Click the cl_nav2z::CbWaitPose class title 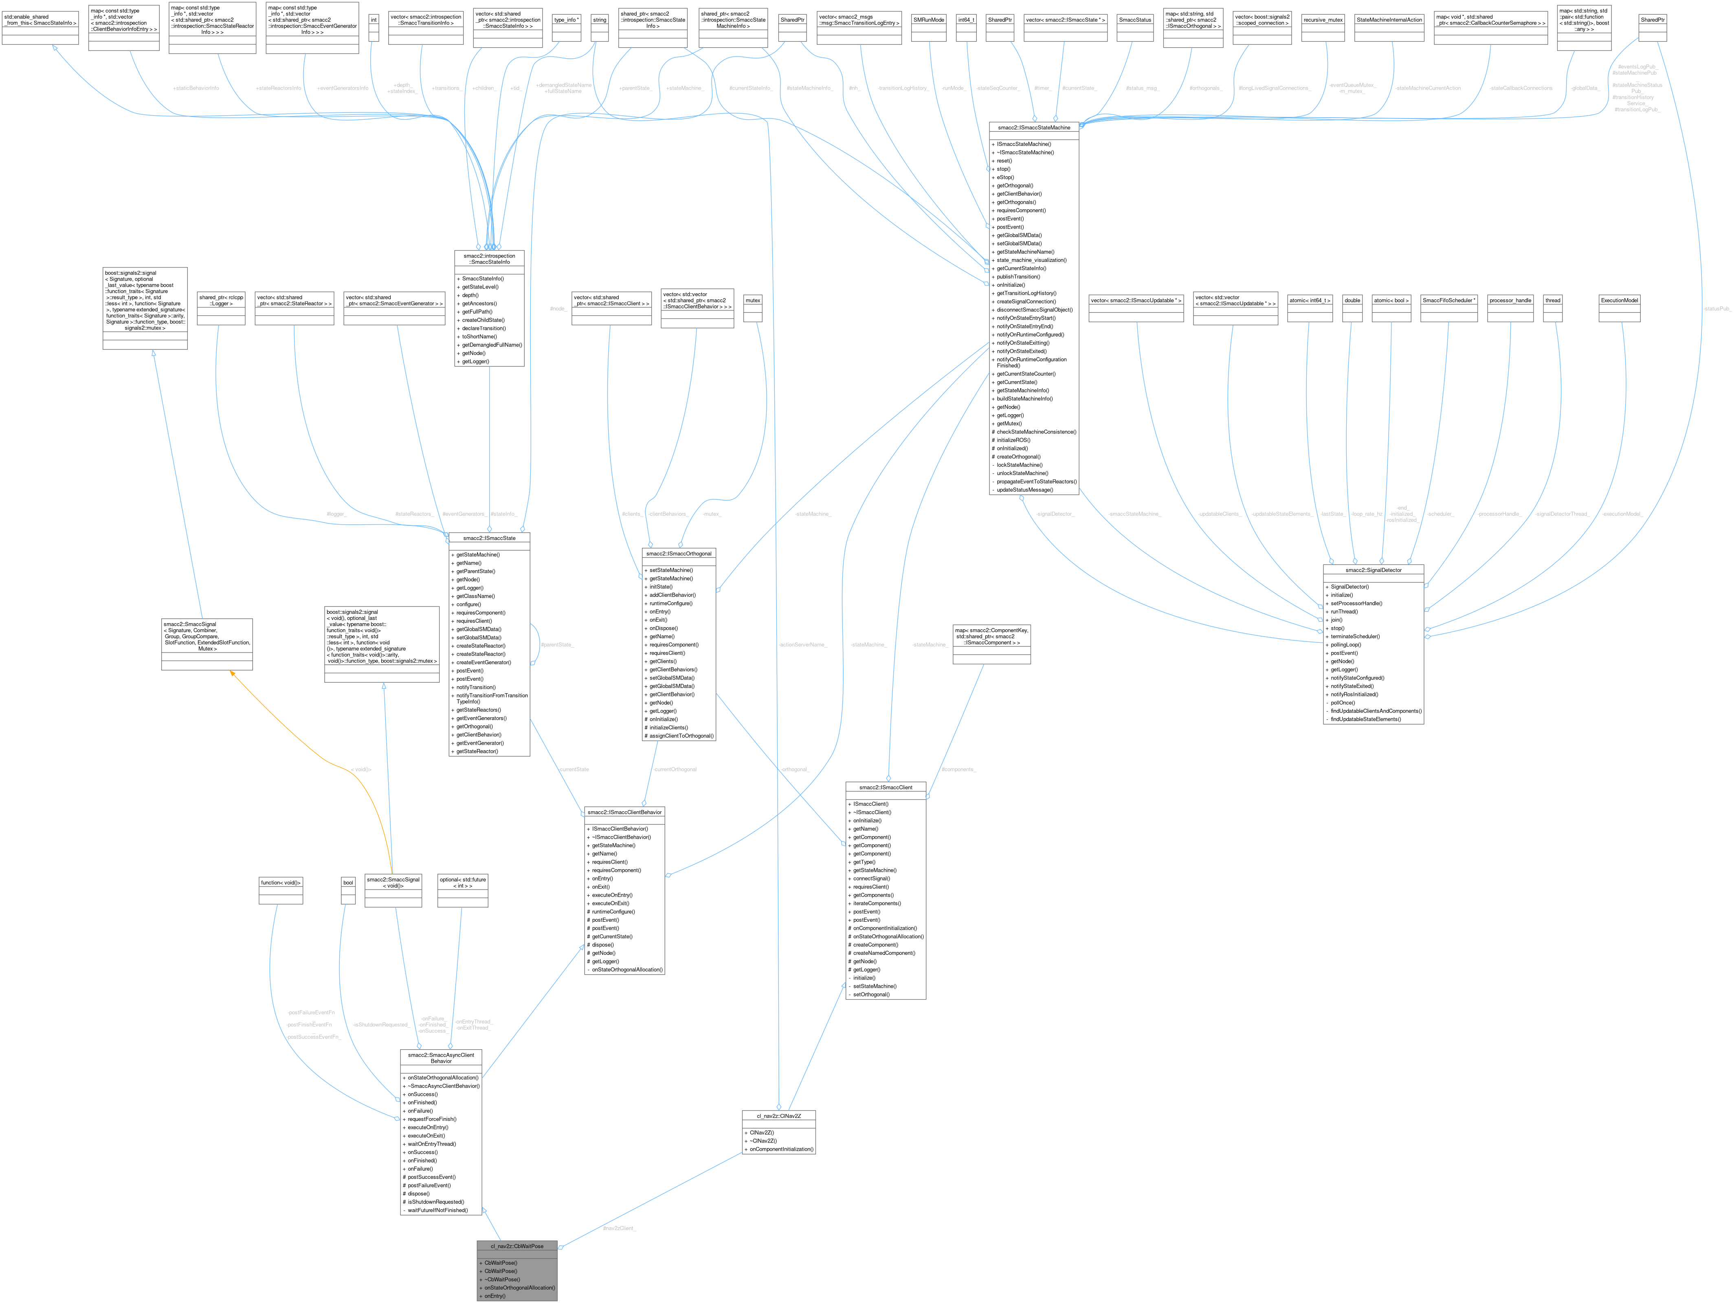(516, 1246)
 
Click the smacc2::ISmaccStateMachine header (1034, 127)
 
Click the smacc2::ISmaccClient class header (886, 787)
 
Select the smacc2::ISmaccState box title (489, 538)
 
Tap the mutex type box (753, 300)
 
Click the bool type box (348, 883)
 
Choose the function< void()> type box (281, 883)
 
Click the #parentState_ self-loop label (556, 644)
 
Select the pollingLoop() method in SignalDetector (1345, 644)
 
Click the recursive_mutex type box (1323, 20)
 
